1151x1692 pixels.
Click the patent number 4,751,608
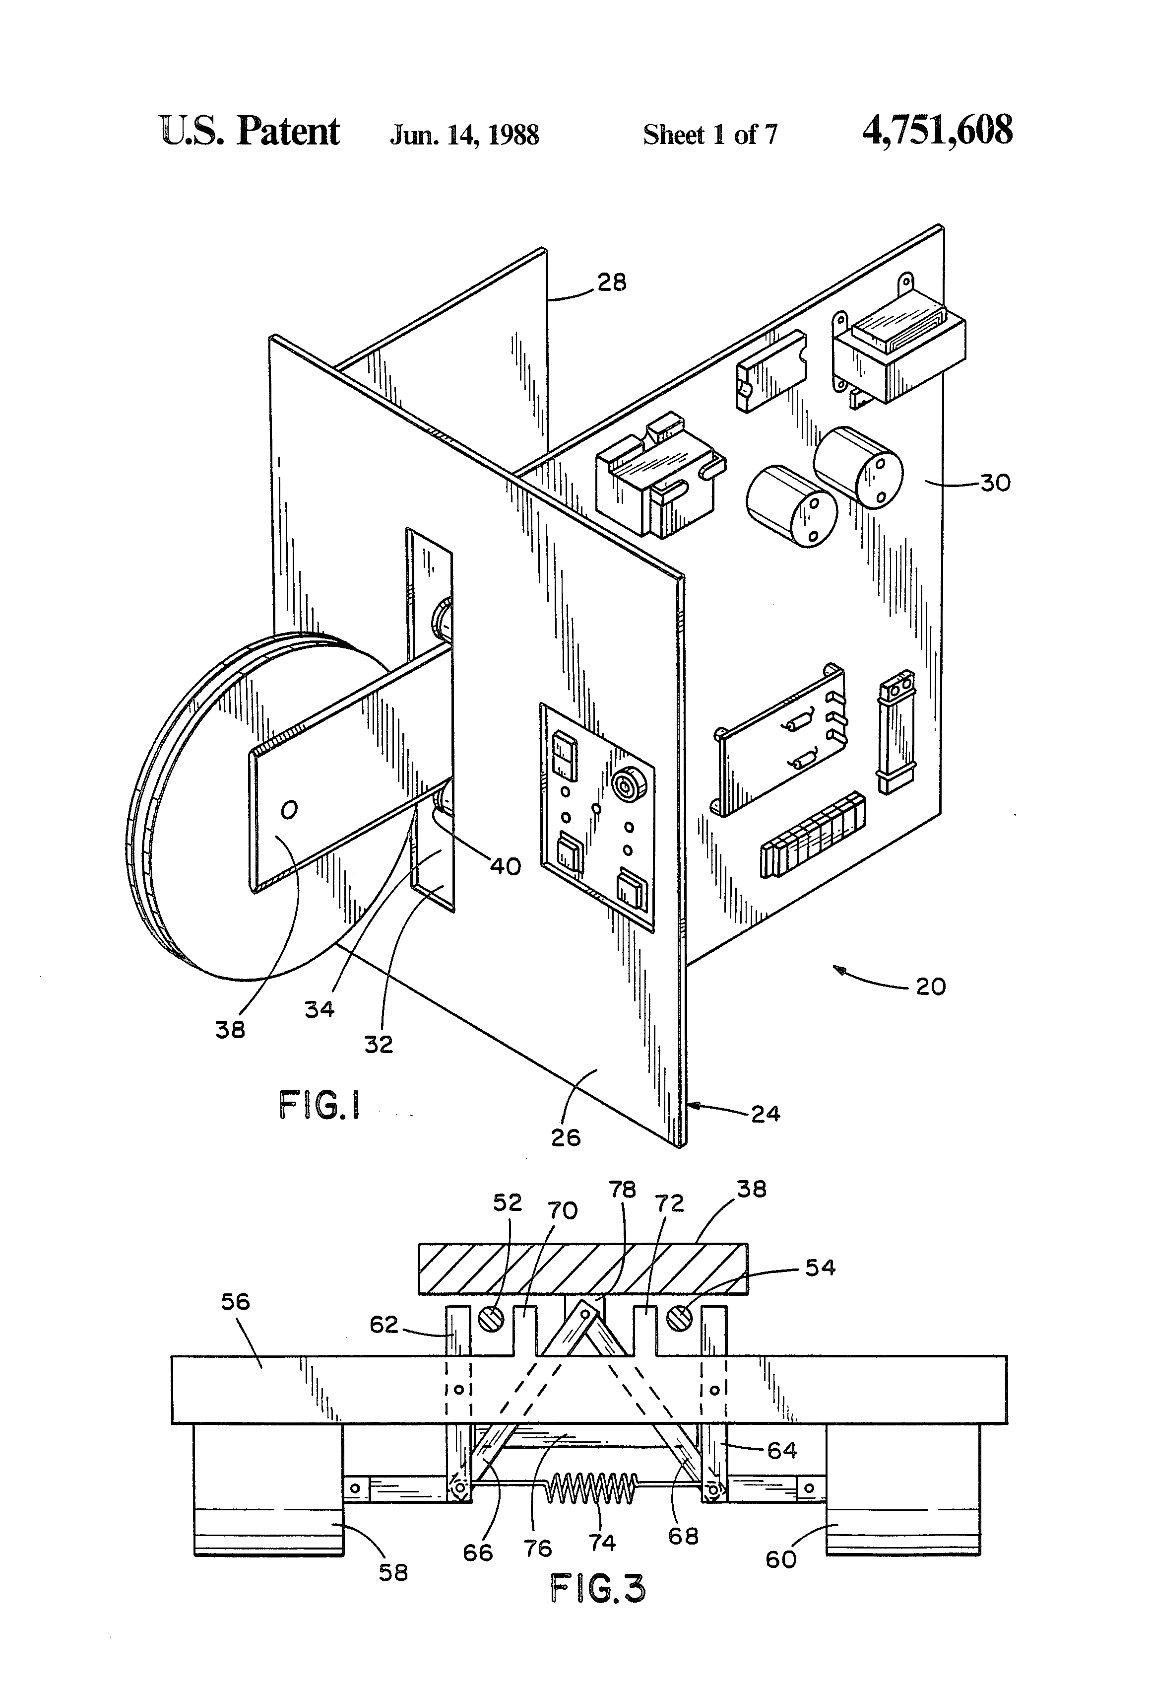pyautogui.click(x=937, y=132)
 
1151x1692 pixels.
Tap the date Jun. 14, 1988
pyautogui.click(x=464, y=135)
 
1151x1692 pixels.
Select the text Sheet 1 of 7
pyautogui.click(x=710, y=135)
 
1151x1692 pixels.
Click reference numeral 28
pyautogui.click(x=612, y=282)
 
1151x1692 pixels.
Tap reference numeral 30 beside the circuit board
pyautogui.click(x=995, y=483)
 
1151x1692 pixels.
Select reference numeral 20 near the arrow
pyautogui.click(x=931, y=987)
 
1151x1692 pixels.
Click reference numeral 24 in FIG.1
pyautogui.click(x=766, y=1114)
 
